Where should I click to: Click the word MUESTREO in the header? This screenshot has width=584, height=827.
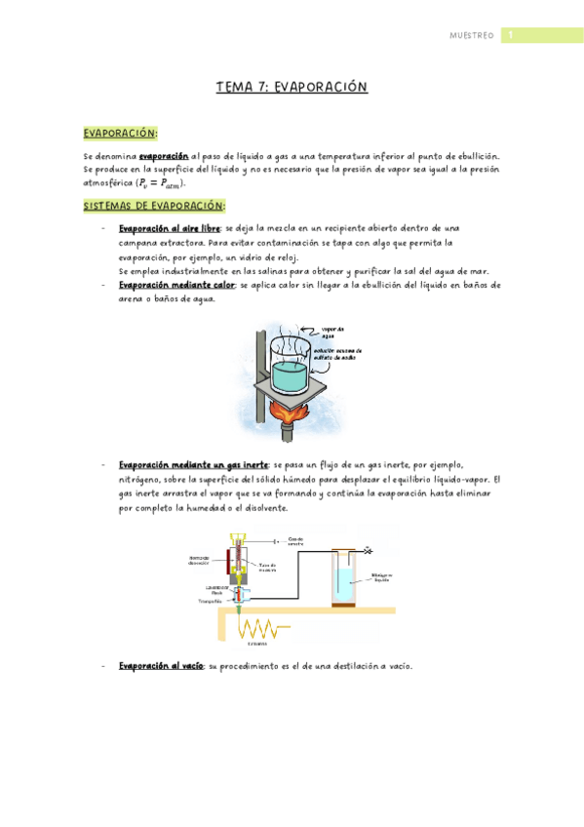471,36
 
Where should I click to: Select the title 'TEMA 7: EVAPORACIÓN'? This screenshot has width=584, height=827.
292,88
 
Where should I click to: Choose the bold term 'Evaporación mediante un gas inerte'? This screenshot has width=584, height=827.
194,465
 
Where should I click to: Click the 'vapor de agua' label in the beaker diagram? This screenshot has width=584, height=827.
333,333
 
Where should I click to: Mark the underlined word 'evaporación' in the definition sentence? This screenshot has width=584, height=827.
163,155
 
